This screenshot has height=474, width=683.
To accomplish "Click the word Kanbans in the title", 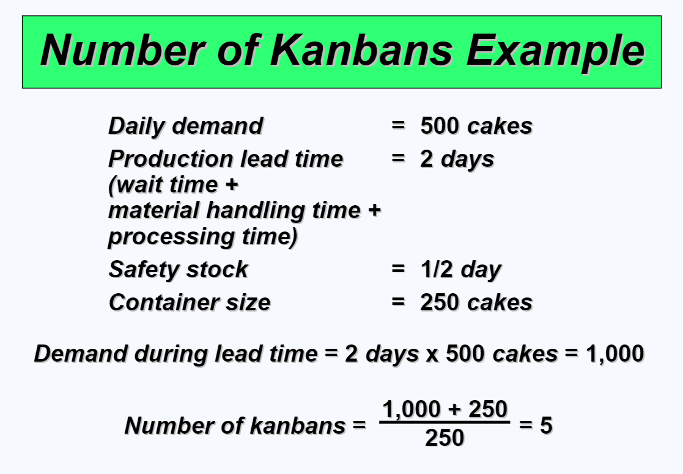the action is click(362, 50).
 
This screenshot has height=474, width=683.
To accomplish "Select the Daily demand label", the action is click(185, 126).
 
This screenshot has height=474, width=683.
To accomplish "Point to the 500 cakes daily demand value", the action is click(476, 126).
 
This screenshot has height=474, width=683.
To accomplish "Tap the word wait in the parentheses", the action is click(140, 184).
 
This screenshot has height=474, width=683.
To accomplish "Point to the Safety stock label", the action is click(179, 269).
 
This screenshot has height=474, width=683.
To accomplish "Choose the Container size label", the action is click(190, 302).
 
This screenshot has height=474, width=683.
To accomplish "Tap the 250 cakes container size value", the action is click(476, 302).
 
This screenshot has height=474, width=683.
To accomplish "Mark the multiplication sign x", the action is click(432, 355).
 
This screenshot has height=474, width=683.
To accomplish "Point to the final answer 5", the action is click(546, 425).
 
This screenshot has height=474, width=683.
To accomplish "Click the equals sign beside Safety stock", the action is click(398, 269).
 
